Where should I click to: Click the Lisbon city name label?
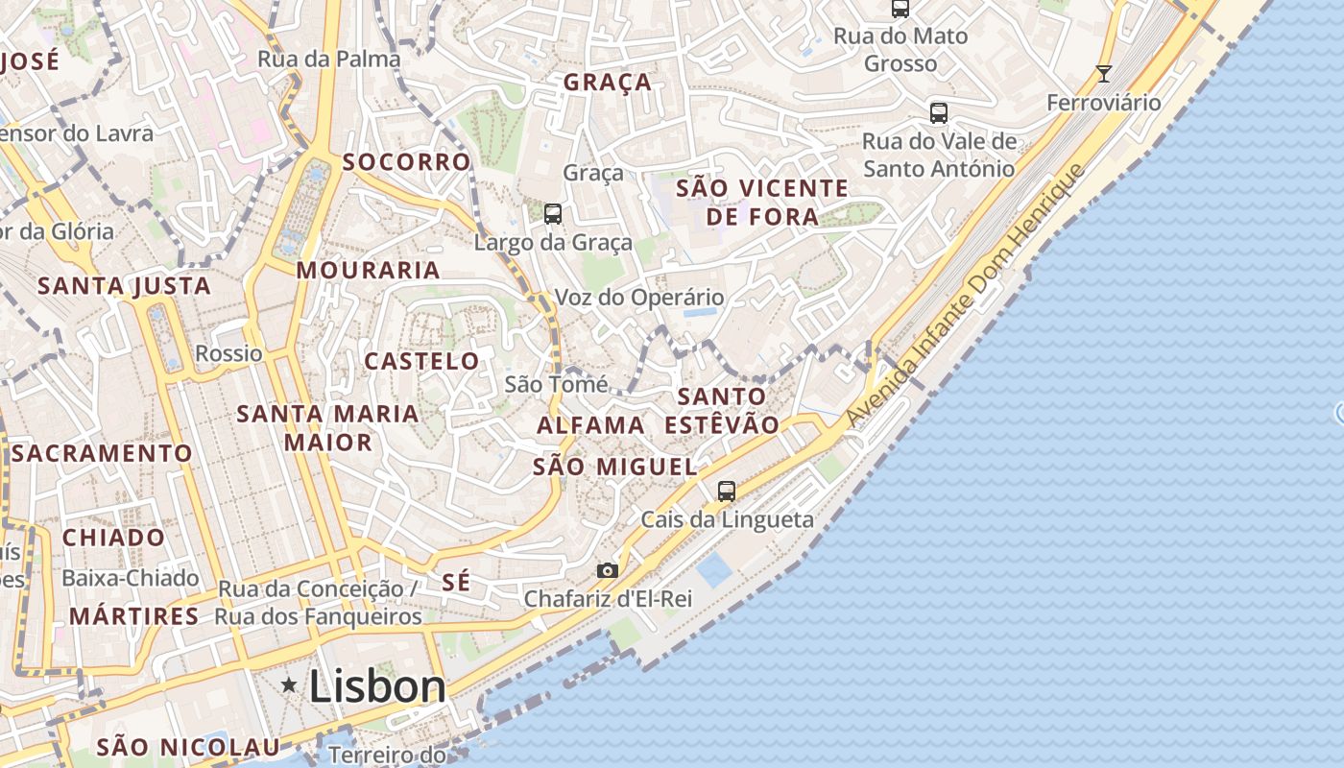click(377, 686)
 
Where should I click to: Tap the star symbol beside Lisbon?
click(288, 684)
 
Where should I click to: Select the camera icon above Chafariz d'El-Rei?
click(607, 571)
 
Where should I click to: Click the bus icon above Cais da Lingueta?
click(727, 492)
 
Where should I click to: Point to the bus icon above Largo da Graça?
click(552, 213)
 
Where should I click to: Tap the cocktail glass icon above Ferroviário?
click(1104, 73)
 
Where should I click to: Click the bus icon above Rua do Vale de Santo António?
click(939, 113)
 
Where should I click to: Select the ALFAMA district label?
click(590, 425)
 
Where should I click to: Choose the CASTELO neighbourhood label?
click(421, 361)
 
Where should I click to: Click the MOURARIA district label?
click(368, 271)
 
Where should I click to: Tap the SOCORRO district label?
click(407, 161)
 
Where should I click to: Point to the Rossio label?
click(228, 353)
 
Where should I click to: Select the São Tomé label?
click(556, 384)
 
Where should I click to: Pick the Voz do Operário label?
click(639, 298)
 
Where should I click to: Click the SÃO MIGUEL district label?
click(614, 467)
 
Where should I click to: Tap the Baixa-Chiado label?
click(131, 578)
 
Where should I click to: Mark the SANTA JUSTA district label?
click(124, 285)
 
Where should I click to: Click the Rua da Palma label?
click(329, 60)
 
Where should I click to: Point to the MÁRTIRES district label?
click(134, 615)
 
